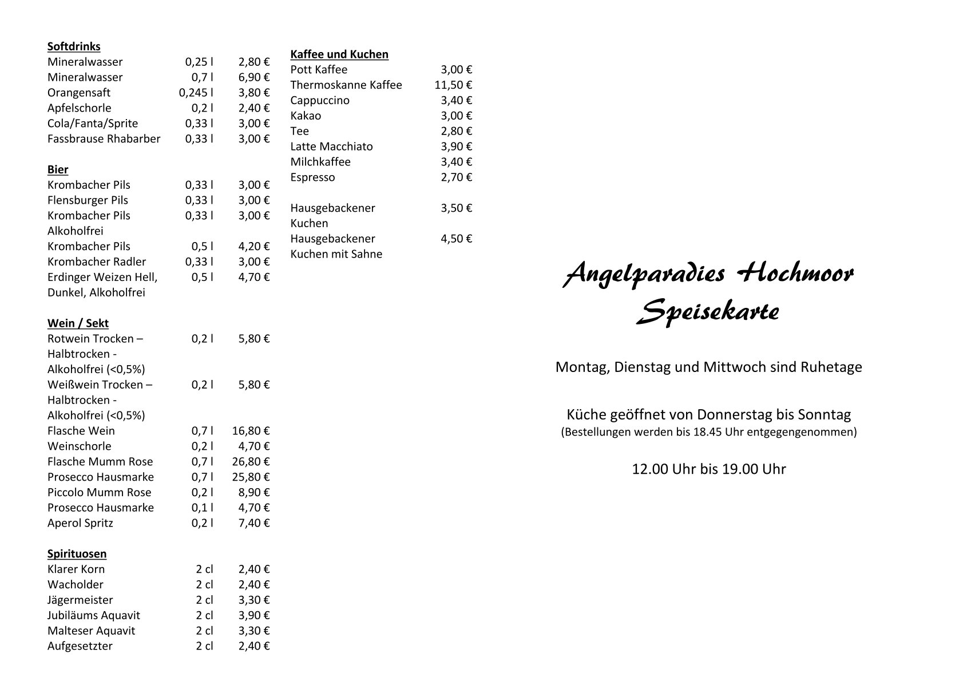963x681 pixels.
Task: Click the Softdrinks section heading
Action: pyautogui.click(x=74, y=46)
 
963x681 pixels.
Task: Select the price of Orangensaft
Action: pyautogui.click(x=253, y=93)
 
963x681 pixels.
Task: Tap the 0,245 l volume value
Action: pyautogui.click(x=196, y=93)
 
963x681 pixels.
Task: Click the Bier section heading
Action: pyautogui.click(x=58, y=169)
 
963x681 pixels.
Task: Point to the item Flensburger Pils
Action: pyautogui.click(x=88, y=200)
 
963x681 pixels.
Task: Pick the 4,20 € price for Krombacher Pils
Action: pyautogui.click(x=253, y=247)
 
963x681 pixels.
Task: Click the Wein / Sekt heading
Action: pyautogui.click(x=78, y=323)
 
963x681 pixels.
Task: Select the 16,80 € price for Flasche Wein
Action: pyautogui.click(x=251, y=431)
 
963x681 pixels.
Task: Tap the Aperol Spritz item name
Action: pyautogui.click(x=80, y=523)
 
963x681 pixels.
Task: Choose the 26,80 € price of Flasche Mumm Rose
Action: pyautogui.click(x=251, y=462)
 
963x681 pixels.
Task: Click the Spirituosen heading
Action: pyautogui.click(x=77, y=554)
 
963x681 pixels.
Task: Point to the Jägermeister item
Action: pyautogui.click(x=80, y=600)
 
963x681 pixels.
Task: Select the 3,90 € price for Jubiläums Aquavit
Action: pyautogui.click(x=253, y=616)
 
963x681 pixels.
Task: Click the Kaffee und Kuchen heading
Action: pyautogui.click(x=339, y=54)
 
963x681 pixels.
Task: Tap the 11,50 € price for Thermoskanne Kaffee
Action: pyautogui.click(x=453, y=85)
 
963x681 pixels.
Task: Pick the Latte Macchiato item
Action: pyautogui.click(x=331, y=147)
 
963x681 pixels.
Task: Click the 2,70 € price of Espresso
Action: pyautogui.click(x=456, y=177)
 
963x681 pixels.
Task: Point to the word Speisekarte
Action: pyautogui.click(x=708, y=312)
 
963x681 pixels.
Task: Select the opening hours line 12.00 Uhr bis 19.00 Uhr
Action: pyautogui.click(x=708, y=469)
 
